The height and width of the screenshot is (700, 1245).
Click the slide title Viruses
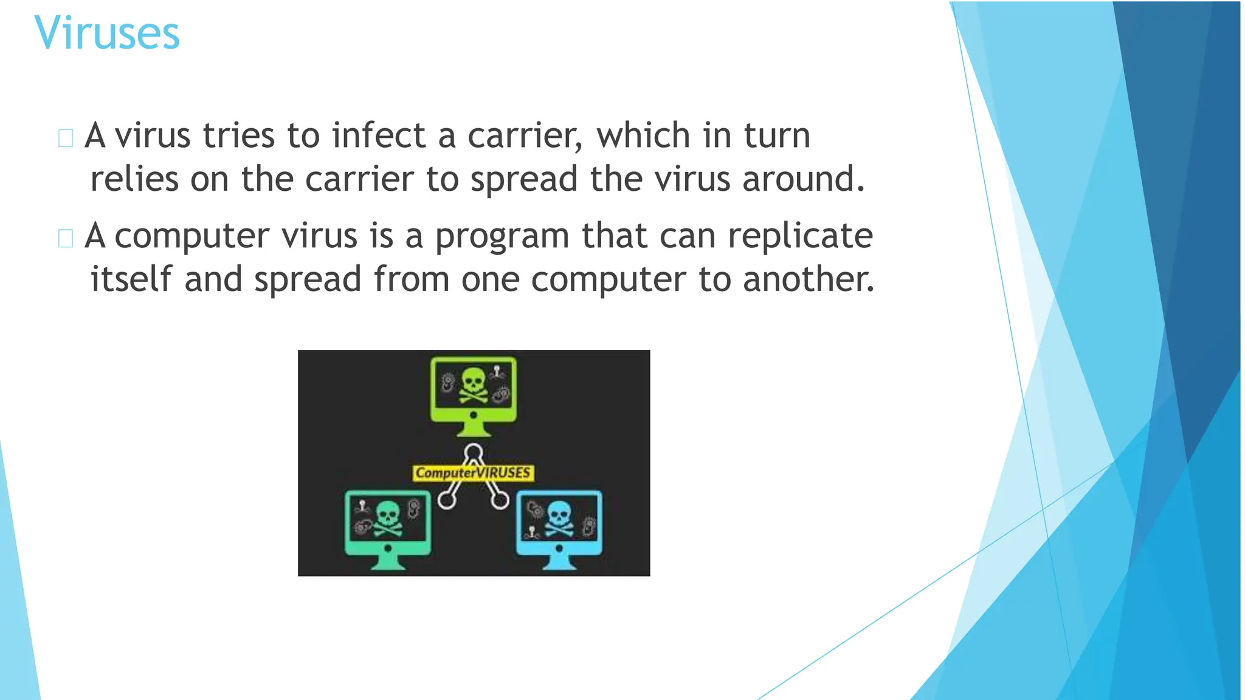tap(107, 33)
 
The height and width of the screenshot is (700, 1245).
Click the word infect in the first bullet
tap(378, 135)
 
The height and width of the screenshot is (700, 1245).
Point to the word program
tap(502, 237)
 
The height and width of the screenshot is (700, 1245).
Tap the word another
tap(809, 279)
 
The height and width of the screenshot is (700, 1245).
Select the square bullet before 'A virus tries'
tap(66, 138)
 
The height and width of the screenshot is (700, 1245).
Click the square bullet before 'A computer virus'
tap(66, 238)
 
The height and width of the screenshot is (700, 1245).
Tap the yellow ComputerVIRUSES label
tap(473, 473)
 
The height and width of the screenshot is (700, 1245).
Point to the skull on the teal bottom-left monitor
tap(388, 518)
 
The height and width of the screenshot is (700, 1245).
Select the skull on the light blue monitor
tap(559, 518)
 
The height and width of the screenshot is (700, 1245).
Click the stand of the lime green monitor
tap(474, 429)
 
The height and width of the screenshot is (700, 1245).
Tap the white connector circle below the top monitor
tap(474, 452)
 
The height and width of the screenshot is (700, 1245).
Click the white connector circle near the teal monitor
tap(447, 500)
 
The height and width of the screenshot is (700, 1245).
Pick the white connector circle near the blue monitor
tap(500, 500)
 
